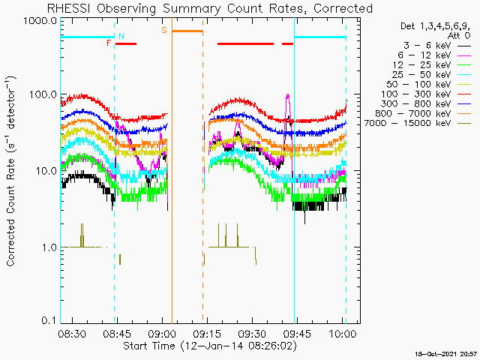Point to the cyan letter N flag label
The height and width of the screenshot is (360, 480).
(x=121, y=36)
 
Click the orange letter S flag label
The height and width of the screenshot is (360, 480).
(x=164, y=30)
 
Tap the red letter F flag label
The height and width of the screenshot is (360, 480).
(x=109, y=43)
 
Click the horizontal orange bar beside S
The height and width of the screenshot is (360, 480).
(x=187, y=31)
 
